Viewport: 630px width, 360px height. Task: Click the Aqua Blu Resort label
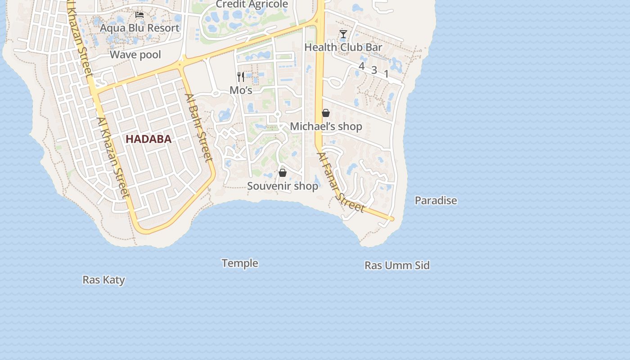point(139,28)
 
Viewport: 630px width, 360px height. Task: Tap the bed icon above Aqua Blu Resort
point(139,15)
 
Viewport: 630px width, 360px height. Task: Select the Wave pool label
point(135,55)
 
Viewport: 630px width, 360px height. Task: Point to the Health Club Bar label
point(343,47)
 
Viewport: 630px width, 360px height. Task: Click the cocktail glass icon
point(343,34)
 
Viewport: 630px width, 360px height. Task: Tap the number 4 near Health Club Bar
point(361,66)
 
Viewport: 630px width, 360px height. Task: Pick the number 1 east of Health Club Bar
point(386,74)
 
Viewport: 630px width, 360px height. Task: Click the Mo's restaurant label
point(241,90)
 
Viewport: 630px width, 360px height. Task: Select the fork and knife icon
point(241,77)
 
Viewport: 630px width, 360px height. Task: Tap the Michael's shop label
point(326,126)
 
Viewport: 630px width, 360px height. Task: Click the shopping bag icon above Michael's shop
point(326,113)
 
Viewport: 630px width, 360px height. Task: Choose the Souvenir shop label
point(283,186)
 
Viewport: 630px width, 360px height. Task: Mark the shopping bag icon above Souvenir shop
point(283,173)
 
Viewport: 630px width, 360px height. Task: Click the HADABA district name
point(148,139)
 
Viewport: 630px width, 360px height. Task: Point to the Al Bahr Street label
point(198,127)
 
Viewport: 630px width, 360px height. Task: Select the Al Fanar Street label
point(340,183)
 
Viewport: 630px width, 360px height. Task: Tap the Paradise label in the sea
point(436,201)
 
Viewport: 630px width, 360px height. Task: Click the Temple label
point(240,263)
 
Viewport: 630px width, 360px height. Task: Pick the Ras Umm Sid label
point(397,265)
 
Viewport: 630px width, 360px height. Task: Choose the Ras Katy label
point(103,280)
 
